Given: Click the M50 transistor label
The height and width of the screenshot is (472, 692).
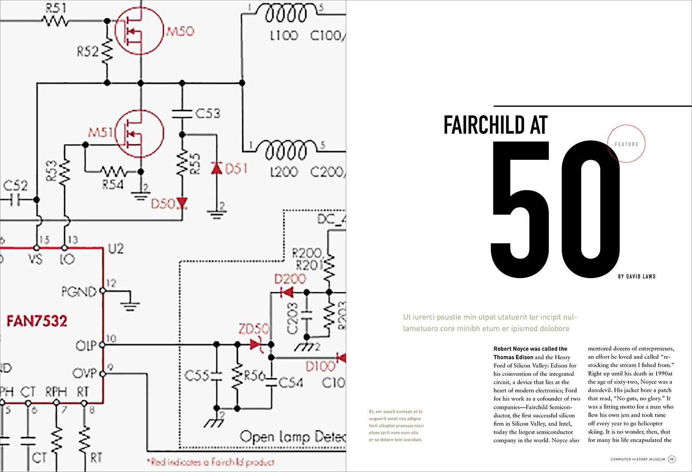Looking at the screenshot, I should coord(180,31).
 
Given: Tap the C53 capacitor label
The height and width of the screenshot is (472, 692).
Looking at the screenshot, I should coord(208,113).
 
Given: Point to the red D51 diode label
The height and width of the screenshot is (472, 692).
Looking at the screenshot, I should coord(236,168).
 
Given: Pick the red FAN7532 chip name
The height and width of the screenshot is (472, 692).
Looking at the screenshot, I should coord(37,321).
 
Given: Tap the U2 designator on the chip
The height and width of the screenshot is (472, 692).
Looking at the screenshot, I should coord(115,249).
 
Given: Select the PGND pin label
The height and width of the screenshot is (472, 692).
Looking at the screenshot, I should coord(79,292).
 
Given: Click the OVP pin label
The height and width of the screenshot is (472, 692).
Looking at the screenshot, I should coord(84,373).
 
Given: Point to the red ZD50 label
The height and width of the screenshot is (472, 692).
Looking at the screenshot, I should coord(253,329).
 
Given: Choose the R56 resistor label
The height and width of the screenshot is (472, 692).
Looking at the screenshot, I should coord(254,376).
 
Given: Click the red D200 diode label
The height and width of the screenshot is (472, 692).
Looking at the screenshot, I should coord(290,279).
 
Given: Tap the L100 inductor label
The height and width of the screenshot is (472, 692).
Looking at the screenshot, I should coord(284,35).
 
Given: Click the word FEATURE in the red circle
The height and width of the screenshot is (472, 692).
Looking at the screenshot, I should coord(626,144).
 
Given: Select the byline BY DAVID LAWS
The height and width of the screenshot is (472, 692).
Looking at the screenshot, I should coord(637,276).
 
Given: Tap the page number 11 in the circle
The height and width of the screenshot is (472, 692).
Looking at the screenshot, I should coord(672,459).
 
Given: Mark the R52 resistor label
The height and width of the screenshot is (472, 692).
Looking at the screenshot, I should coord(87,52).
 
